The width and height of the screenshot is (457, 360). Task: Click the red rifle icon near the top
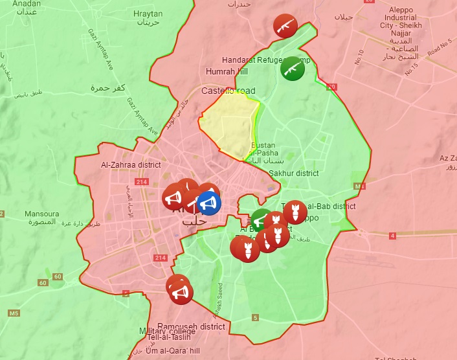point(285,25)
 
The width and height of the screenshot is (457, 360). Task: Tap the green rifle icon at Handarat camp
point(293,68)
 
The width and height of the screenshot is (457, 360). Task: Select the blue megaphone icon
point(208,203)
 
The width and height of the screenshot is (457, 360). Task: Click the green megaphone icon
point(262,220)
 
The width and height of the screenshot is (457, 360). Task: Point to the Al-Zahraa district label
point(131,165)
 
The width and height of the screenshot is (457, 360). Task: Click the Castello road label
point(229,91)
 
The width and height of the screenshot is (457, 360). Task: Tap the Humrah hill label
point(227,71)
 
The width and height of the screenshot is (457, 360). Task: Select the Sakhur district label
point(294,173)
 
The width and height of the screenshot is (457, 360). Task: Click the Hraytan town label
point(148,14)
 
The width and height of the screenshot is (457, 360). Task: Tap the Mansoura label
point(41,214)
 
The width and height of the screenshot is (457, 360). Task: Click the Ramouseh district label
point(191,327)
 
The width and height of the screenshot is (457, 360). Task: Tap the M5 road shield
point(14,313)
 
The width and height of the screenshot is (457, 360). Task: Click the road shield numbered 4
point(392,235)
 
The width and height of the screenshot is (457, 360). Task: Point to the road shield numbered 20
point(331,86)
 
